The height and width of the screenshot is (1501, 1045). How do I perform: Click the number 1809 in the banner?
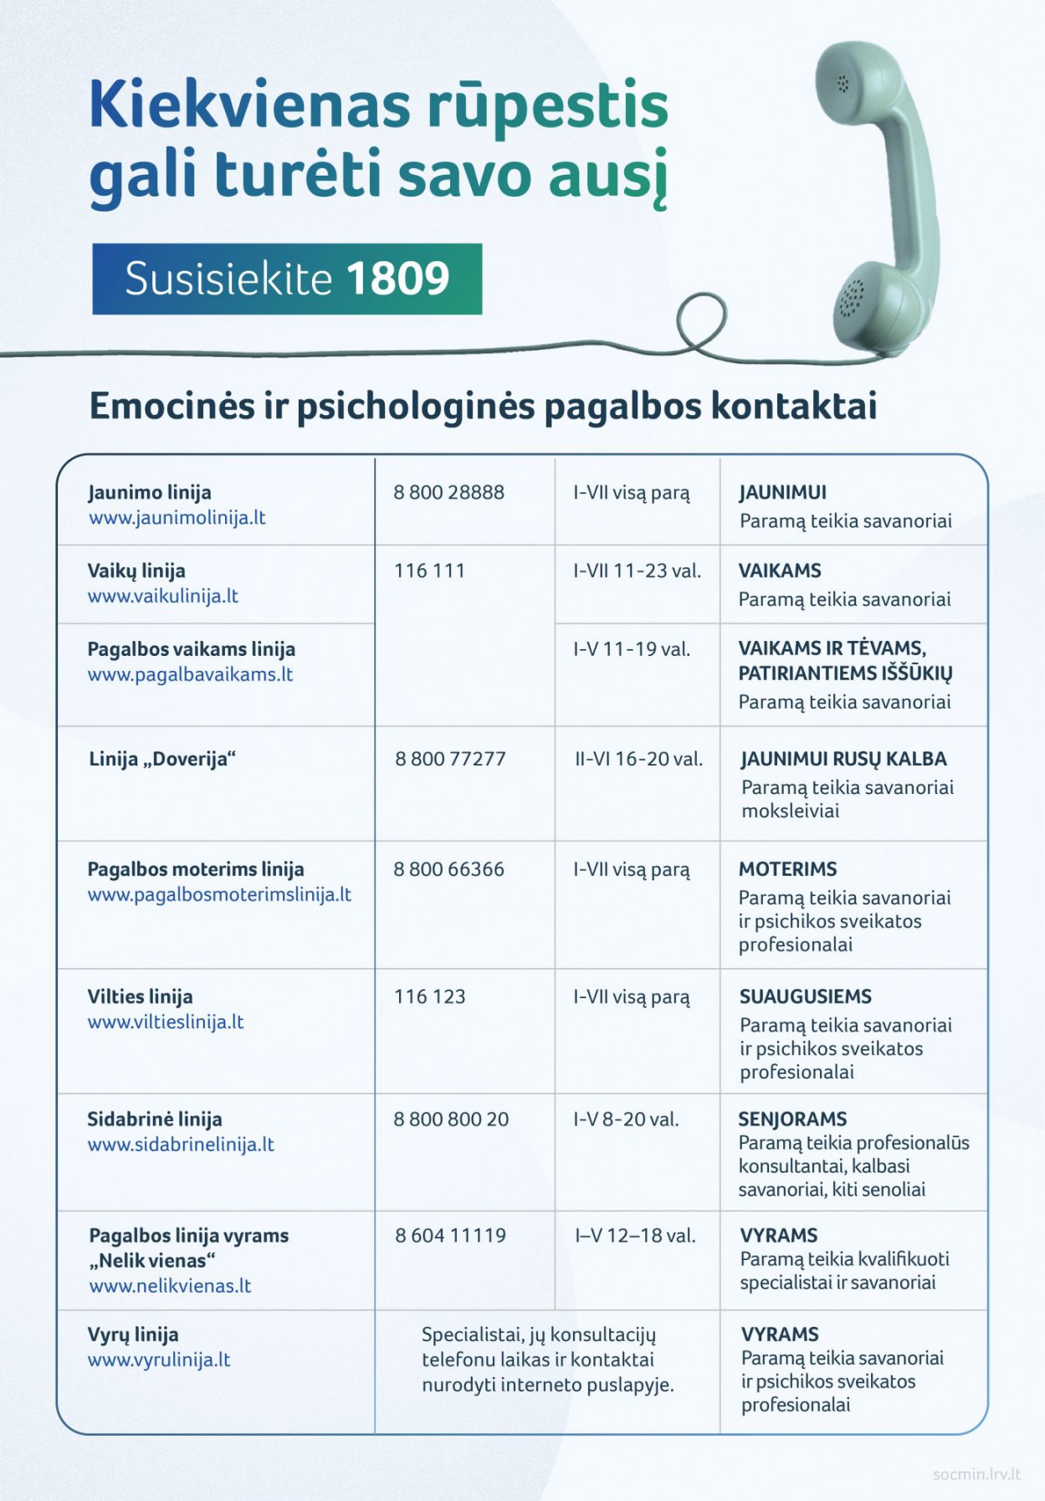397,279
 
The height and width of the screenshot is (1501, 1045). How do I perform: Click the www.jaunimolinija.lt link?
177,518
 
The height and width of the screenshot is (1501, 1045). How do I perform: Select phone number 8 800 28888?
448,493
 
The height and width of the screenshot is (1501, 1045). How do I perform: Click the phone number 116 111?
429,571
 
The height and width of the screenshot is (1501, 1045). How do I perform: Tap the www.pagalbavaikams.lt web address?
191,674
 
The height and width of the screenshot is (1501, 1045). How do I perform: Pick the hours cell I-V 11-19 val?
632,649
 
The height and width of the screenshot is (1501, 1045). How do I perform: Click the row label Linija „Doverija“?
162,760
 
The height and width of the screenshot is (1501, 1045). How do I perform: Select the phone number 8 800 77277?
450,760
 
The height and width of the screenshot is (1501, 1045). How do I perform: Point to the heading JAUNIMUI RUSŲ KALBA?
843,760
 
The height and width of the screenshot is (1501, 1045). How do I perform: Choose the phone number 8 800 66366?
448,870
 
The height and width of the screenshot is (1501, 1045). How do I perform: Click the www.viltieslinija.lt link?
166,1022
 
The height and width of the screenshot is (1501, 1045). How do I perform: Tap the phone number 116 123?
429,997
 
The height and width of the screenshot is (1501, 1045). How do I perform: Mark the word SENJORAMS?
792,1119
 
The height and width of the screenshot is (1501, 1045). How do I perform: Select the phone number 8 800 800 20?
451,1119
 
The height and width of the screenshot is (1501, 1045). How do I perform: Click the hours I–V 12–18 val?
635,1236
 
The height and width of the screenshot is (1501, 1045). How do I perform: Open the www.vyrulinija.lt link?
159,1360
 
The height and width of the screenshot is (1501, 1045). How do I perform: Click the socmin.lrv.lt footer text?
976,1474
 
